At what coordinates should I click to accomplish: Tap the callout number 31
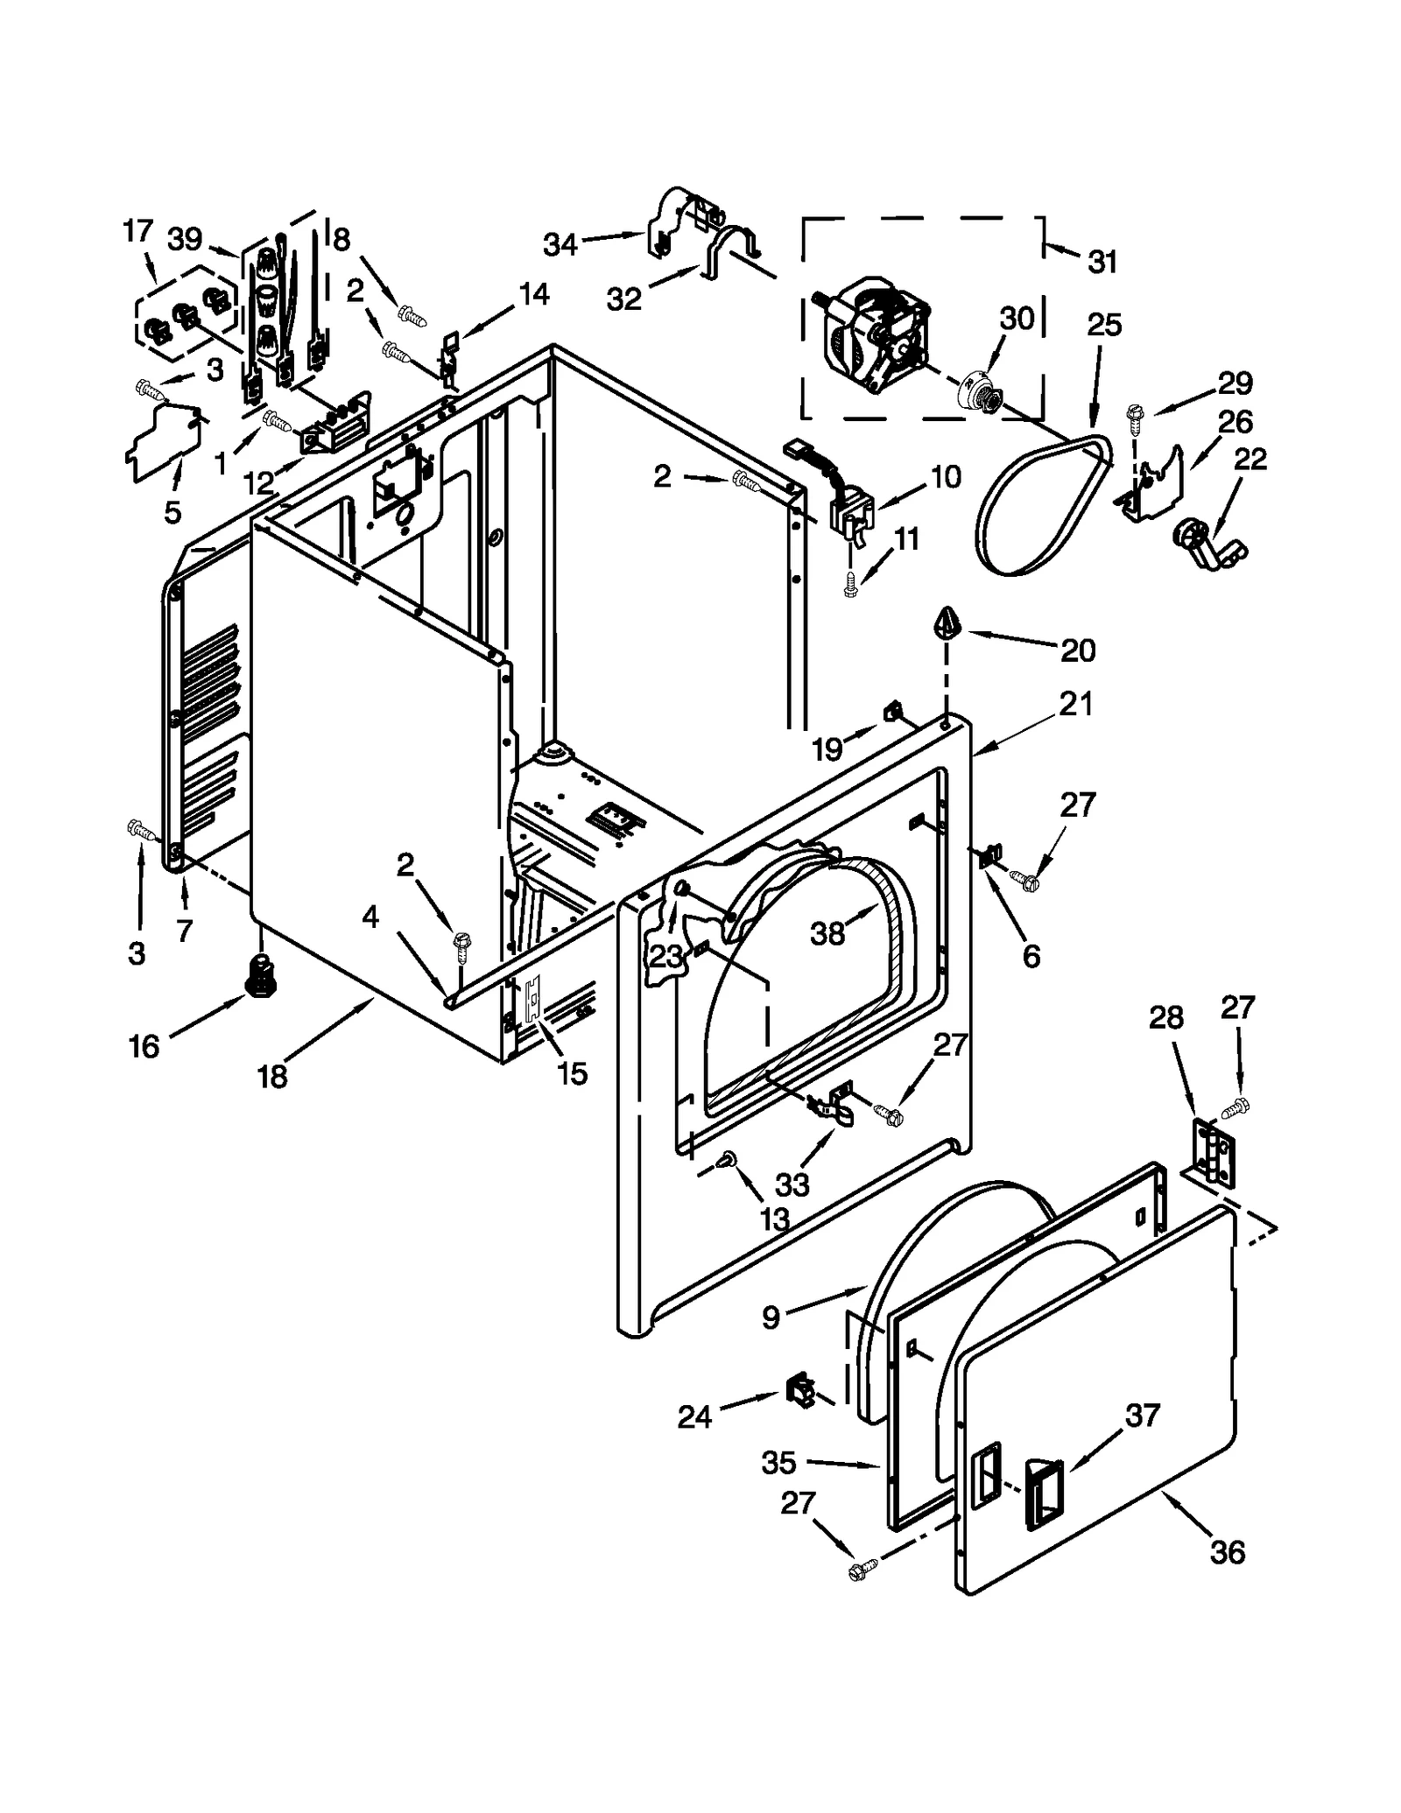click(x=1102, y=261)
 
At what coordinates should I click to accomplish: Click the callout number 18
click(x=272, y=1077)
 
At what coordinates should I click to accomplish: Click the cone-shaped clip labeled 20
click(x=947, y=622)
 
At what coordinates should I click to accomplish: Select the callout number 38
click(x=827, y=934)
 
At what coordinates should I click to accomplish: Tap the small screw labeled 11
click(x=848, y=590)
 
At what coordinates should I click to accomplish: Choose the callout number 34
click(x=560, y=245)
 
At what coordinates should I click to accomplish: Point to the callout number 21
click(x=1076, y=703)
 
